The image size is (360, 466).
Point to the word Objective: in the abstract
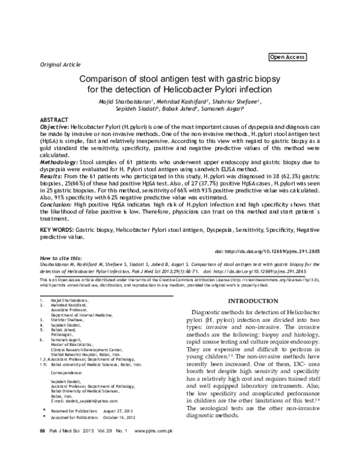54,128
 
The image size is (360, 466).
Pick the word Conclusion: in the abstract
56,205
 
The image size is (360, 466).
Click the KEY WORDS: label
58,231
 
